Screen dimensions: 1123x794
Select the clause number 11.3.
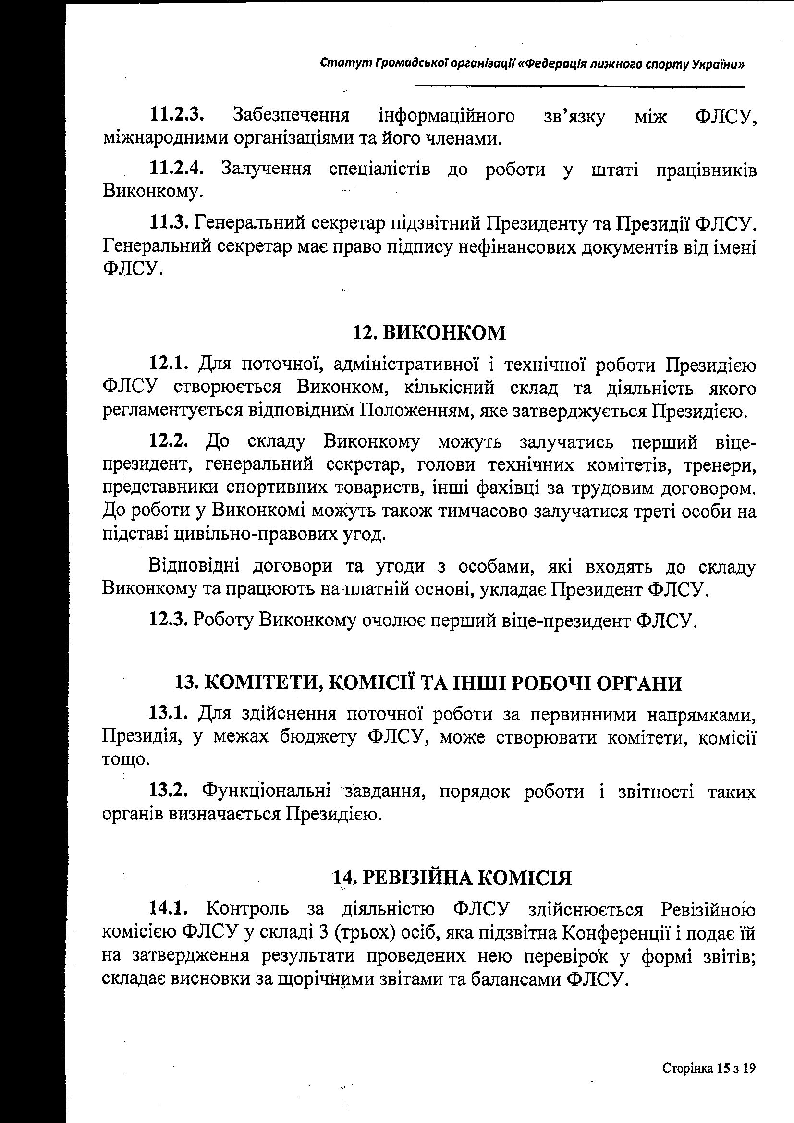[x=169, y=223]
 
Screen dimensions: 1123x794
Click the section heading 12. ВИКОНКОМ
[x=429, y=332]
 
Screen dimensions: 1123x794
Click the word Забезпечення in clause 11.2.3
[x=291, y=115]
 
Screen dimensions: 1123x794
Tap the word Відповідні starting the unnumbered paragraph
[x=194, y=567]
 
